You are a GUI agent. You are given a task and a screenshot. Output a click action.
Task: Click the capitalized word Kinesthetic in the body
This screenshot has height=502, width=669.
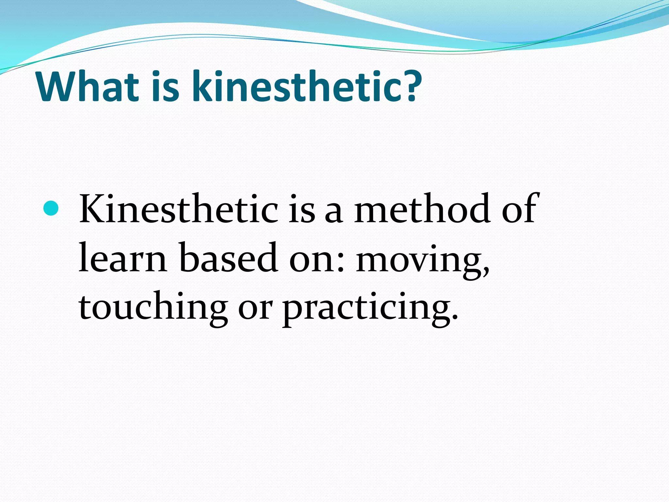pyautogui.click(x=178, y=209)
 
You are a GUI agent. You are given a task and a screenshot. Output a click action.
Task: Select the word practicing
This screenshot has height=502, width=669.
pyautogui.click(x=366, y=309)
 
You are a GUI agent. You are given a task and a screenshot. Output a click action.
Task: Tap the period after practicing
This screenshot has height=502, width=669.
pyautogui.click(x=454, y=319)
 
